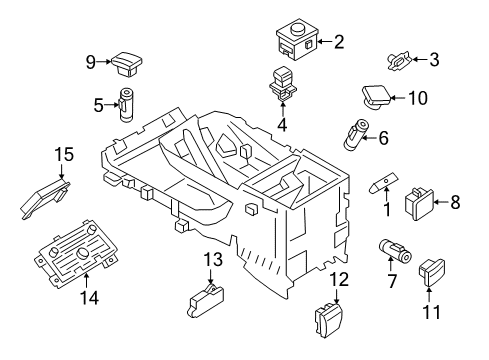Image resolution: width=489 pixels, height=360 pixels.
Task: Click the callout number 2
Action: [x=338, y=42]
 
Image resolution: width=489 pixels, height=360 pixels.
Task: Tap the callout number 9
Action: [x=90, y=61]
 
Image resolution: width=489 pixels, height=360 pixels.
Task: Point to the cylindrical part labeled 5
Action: [x=128, y=103]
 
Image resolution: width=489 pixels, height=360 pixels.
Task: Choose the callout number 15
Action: [x=64, y=154]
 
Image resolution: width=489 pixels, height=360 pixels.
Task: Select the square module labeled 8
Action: [x=417, y=204]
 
